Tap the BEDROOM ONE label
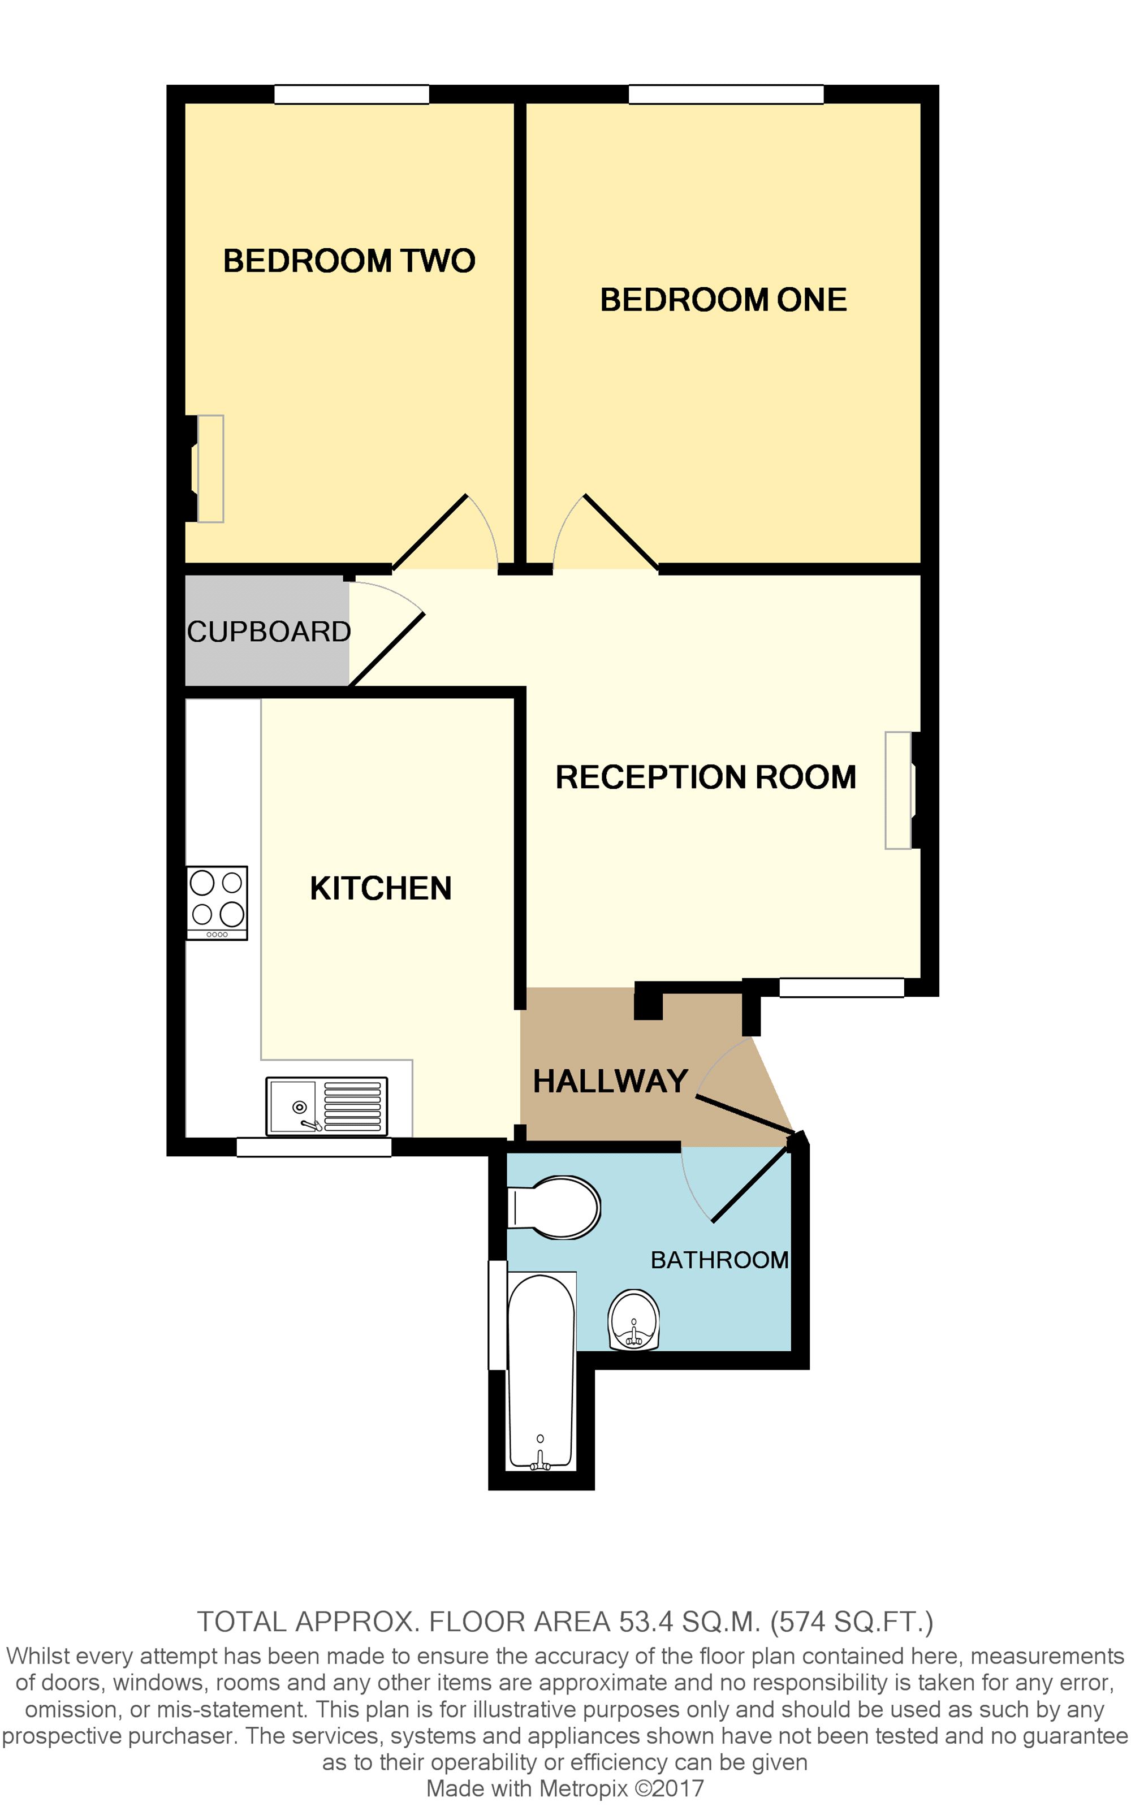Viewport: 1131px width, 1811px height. click(723, 300)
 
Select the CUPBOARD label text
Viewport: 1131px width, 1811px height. click(269, 632)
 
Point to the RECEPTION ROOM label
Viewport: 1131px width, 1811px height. click(705, 777)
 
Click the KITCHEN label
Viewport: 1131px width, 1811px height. click(380, 888)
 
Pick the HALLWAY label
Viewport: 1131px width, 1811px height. click(610, 1081)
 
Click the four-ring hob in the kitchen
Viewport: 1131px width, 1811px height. click(217, 902)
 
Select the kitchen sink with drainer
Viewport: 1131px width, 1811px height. click(327, 1106)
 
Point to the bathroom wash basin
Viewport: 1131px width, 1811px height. click(633, 1320)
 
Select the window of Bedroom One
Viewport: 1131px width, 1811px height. click(726, 94)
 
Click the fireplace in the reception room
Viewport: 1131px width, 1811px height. click(899, 790)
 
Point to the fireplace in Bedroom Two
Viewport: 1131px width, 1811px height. click(209, 468)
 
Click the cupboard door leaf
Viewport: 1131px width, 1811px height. click(387, 649)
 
